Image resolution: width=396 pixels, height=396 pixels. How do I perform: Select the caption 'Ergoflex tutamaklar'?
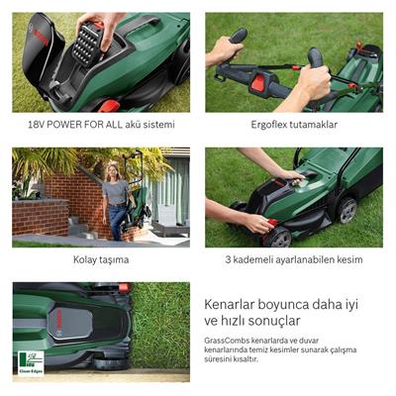click(294, 126)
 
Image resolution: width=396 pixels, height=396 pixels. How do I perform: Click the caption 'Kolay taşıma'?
click(101, 260)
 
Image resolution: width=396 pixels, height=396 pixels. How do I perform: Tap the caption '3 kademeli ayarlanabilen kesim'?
click(294, 260)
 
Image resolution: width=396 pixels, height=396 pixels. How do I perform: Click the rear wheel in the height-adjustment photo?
click(346, 209)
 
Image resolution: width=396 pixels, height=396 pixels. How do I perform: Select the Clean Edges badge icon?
click(30, 364)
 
